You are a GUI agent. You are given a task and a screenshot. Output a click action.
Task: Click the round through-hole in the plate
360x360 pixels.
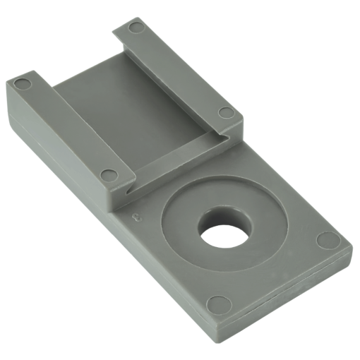[225, 230]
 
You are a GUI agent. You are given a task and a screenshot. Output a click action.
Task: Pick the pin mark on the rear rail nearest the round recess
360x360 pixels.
[226, 112]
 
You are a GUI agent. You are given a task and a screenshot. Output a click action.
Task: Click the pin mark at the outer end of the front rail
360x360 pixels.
[23, 85]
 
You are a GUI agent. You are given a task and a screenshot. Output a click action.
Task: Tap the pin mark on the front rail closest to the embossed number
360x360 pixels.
[108, 174]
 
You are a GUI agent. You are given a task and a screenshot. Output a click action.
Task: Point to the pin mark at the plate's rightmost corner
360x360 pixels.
[328, 240]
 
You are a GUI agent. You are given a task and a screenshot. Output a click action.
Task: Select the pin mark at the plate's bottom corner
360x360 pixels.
[220, 304]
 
